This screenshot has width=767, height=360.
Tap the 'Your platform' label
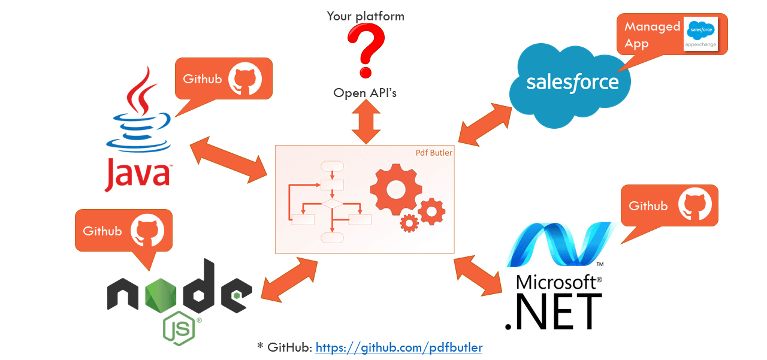[x=366, y=16]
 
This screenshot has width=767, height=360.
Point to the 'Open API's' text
[x=365, y=93]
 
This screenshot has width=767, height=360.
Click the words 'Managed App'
[x=651, y=35]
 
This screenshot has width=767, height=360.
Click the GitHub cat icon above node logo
[x=147, y=231]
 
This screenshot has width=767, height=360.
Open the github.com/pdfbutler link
[x=398, y=347]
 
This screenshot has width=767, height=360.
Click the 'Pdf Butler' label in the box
[x=434, y=153]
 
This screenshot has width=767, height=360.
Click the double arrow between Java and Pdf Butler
[x=228, y=161]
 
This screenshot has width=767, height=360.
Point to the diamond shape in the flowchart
[x=332, y=204]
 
